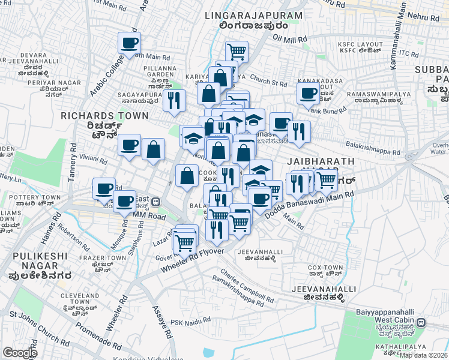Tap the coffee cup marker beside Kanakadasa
[x=308, y=94]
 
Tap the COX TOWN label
[x=325, y=268]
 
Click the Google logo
[x=20, y=353]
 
